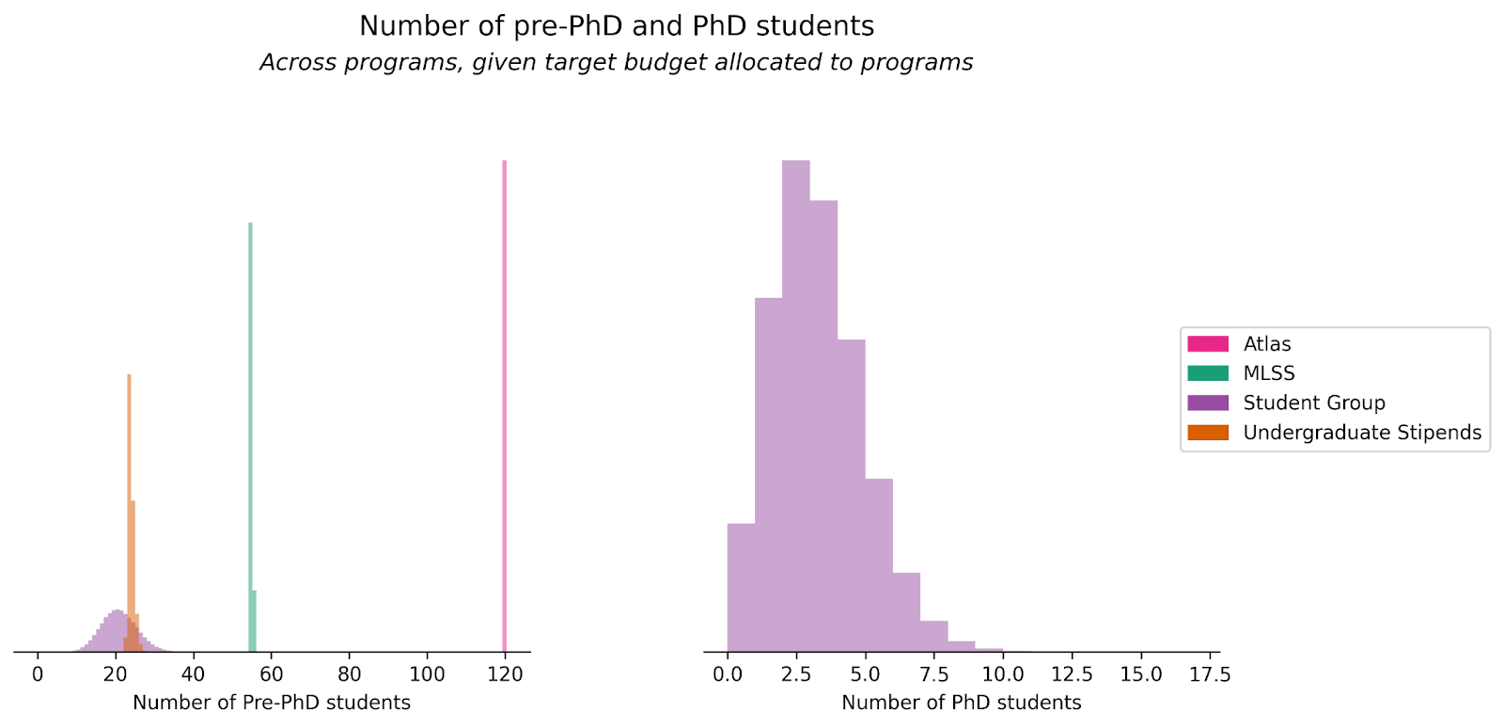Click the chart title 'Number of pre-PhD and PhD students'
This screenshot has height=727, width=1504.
click(x=617, y=26)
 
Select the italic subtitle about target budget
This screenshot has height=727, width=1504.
click(x=617, y=63)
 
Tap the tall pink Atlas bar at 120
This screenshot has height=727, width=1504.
click(x=505, y=404)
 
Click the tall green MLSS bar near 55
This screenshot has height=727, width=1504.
click(x=250, y=433)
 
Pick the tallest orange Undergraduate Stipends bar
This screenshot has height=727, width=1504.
click(x=129, y=489)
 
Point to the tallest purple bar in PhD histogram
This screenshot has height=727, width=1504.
click(x=796, y=404)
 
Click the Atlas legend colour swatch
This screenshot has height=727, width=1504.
click(x=1208, y=344)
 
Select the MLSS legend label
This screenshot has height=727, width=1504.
click(x=1269, y=373)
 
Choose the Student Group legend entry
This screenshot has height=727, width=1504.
click(x=1314, y=403)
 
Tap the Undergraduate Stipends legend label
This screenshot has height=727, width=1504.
click(x=1362, y=433)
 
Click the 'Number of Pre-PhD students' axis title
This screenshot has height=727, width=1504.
click(x=272, y=703)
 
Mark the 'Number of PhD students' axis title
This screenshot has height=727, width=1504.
click(x=962, y=703)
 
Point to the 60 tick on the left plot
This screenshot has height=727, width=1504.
click(x=271, y=674)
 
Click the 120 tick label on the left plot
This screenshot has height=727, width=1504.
click(x=505, y=674)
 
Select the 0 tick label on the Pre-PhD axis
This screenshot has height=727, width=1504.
click(x=38, y=674)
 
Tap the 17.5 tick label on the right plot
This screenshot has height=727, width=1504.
click(x=1210, y=674)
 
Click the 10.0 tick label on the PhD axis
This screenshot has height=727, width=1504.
click(x=1003, y=674)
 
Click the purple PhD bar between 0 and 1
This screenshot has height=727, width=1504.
click(x=741, y=588)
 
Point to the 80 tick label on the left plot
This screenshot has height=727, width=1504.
click(x=349, y=674)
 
